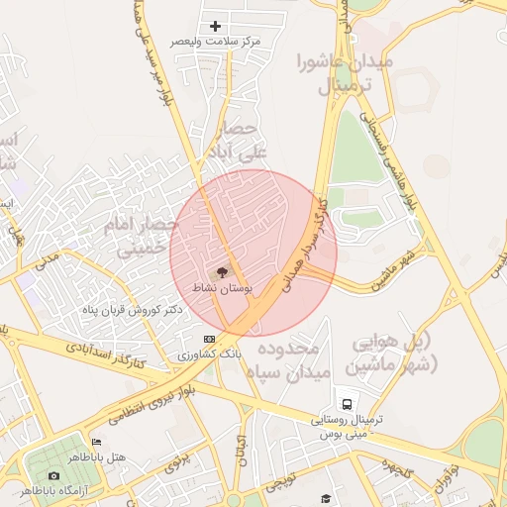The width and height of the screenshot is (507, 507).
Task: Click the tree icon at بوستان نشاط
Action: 222,271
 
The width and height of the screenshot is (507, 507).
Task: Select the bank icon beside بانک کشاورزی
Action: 209,339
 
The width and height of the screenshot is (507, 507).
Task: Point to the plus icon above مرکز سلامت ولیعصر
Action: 215,26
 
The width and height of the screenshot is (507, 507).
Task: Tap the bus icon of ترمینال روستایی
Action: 348,404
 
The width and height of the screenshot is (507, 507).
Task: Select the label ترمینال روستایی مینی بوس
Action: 348,427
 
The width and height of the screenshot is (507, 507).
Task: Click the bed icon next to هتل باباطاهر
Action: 95,442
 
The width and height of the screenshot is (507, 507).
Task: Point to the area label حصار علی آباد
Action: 234,141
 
